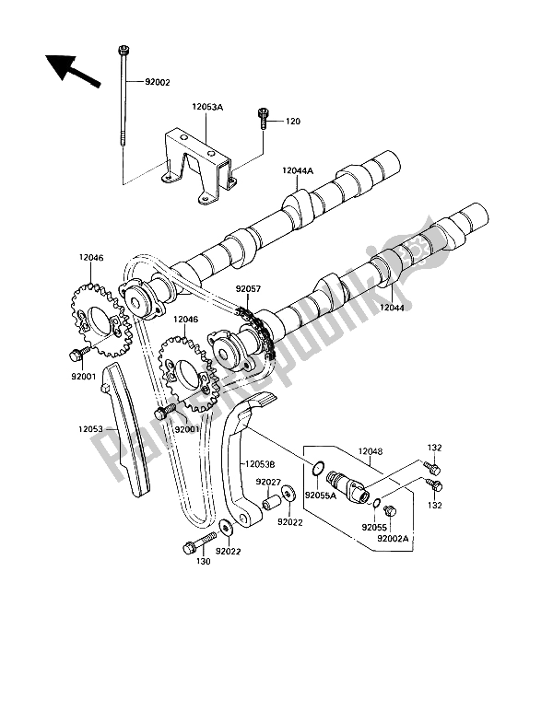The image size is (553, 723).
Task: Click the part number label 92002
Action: [x=145, y=83]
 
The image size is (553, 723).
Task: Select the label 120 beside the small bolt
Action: [x=293, y=122]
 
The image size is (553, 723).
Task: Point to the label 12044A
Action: [x=298, y=171]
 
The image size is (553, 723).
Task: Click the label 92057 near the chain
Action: [x=248, y=289]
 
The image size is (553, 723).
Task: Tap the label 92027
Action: [x=268, y=483]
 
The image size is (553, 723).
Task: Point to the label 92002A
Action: [x=393, y=538]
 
